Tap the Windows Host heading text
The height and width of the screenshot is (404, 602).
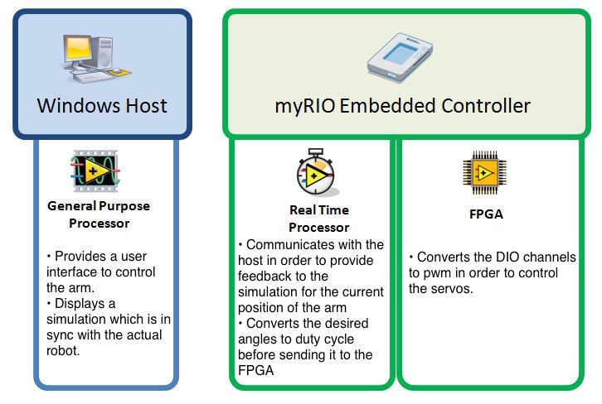point(102,106)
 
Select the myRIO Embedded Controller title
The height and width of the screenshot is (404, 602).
point(402,106)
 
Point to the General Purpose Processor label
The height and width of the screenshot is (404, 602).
point(99,214)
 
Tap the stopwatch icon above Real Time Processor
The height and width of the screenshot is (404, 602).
point(316,171)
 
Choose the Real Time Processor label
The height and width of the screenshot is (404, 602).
point(318,219)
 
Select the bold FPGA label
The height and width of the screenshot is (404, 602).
point(486,214)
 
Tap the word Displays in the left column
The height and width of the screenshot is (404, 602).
point(81,304)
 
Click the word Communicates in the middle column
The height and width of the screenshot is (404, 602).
point(289,245)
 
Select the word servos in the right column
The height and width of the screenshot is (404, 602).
point(458,288)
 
